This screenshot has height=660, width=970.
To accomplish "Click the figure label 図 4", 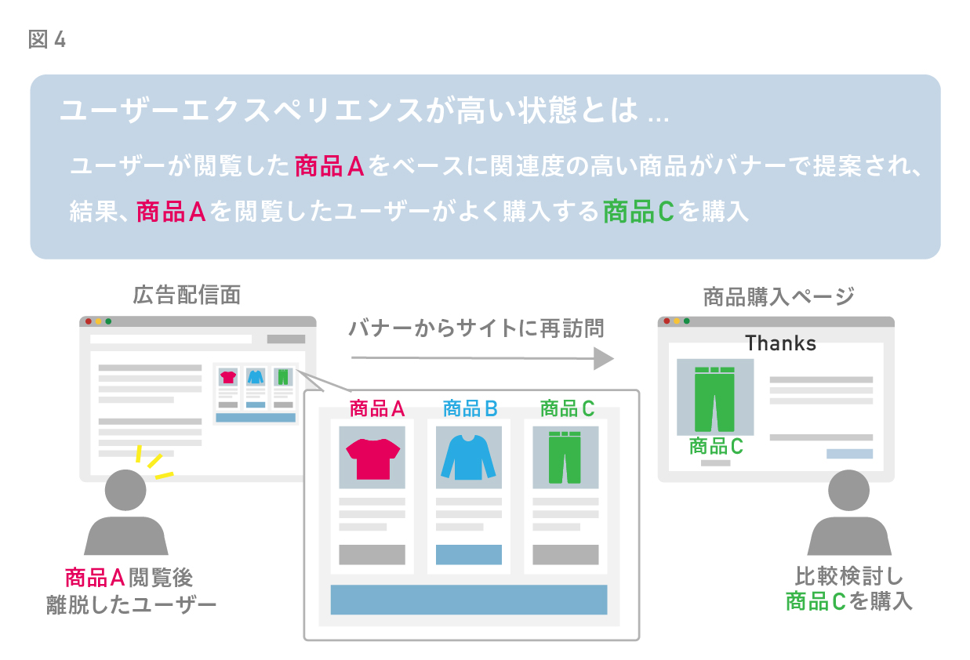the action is click(x=47, y=39).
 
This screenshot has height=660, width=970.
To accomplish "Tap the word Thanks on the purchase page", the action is click(x=780, y=343).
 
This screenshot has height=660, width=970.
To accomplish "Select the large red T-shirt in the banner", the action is click(x=372, y=459).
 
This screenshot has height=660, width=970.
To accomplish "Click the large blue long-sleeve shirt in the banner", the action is click(x=469, y=458).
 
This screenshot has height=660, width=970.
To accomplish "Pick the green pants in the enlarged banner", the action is click(x=565, y=458).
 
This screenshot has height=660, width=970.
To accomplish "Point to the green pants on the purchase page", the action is click(x=714, y=399).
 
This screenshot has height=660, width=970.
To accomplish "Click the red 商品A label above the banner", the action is click(x=376, y=408).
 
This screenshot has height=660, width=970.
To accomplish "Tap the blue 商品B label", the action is click(x=470, y=408).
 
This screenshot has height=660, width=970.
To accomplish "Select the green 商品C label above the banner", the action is click(x=567, y=408).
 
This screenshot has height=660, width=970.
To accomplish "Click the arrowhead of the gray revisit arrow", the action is click(x=603, y=358).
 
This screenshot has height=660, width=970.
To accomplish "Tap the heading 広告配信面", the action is click(x=187, y=296).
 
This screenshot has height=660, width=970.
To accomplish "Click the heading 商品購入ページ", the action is click(x=779, y=297).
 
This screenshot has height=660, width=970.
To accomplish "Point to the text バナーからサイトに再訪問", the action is click(x=476, y=328).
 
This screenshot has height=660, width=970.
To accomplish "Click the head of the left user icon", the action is click(x=125, y=490).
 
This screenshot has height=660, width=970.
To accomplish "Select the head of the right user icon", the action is click(x=848, y=490).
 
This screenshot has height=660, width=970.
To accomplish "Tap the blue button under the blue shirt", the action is click(x=469, y=554).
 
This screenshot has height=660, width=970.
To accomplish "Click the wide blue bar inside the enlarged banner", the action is click(x=469, y=600).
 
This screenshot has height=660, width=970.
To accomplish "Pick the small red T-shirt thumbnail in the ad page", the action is click(x=228, y=377).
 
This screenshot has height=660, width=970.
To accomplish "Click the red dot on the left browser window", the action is click(x=89, y=321).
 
